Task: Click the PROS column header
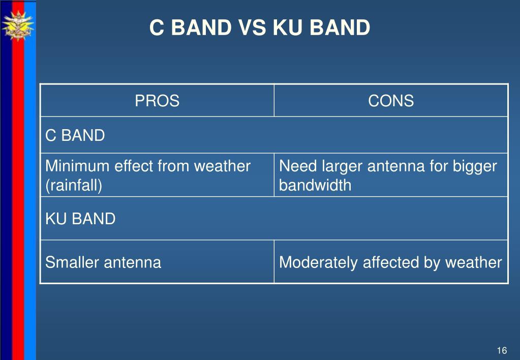point(157,101)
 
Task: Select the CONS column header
point(391,101)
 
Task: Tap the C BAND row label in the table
point(75,135)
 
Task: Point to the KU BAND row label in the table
point(80,219)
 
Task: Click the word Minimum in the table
point(77,166)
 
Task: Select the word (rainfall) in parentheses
point(74,185)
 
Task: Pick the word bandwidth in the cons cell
point(315,185)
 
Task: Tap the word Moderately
point(318,262)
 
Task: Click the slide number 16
point(502,350)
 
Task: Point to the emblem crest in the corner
point(18,26)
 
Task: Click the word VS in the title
point(252,27)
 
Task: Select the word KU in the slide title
point(288,27)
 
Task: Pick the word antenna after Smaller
point(133,262)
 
